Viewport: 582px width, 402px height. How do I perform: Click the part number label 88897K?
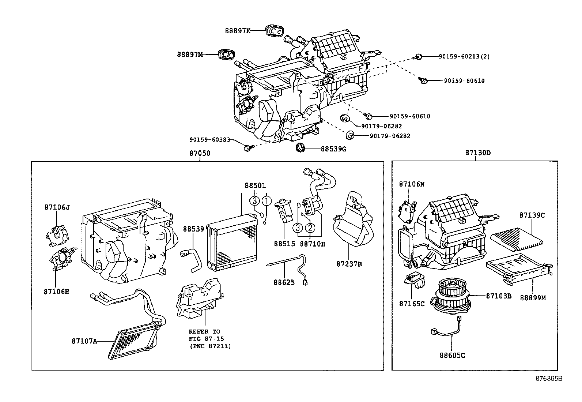238,31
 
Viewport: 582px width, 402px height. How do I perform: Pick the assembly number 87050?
200,153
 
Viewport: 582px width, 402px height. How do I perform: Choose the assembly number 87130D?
478,153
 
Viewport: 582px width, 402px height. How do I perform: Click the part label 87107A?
84,341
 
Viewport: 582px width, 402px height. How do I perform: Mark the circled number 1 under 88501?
267,200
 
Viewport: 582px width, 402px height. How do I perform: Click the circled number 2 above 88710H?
310,228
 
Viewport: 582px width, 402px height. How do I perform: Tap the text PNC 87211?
210,346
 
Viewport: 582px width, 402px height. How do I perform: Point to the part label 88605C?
452,355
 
